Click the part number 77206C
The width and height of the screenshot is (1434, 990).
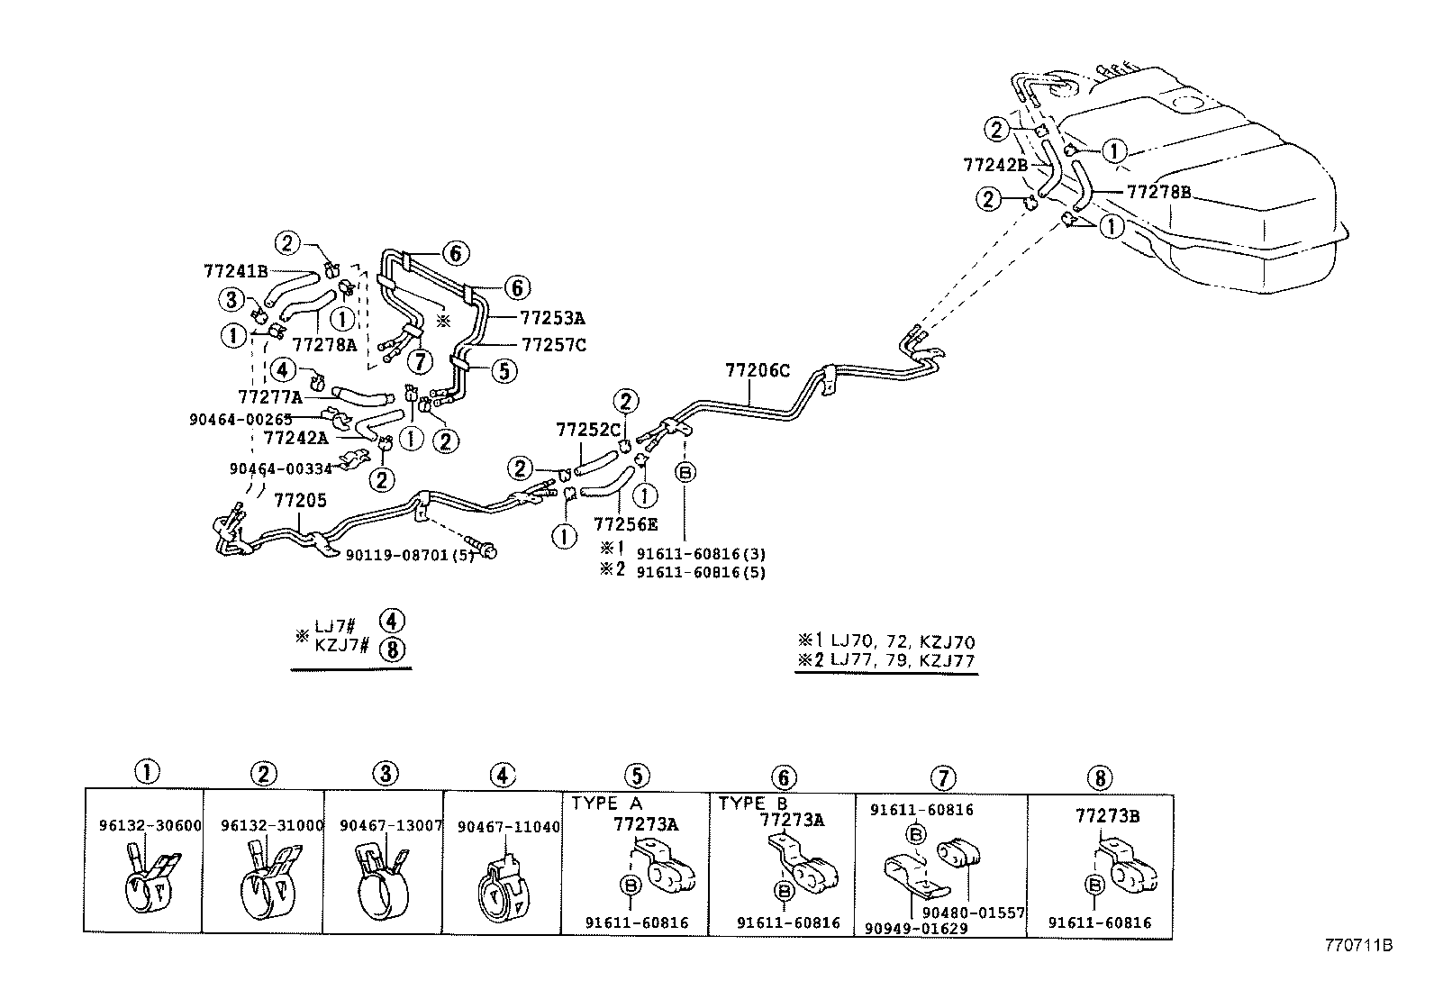(x=758, y=369)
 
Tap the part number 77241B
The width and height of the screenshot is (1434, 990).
(x=235, y=270)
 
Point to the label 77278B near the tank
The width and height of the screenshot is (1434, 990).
(x=1158, y=192)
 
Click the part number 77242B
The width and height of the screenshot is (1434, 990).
(x=995, y=165)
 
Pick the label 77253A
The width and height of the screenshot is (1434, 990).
(x=553, y=318)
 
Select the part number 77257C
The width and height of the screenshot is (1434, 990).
(x=553, y=344)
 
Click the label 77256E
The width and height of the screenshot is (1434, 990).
(x=625, y=523)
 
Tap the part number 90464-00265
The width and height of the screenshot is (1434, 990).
(x=241, y=419)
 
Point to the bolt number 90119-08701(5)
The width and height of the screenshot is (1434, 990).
(x=410, y=555)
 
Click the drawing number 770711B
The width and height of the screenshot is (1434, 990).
(x=1358, y=946)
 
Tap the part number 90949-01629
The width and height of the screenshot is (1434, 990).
(x=915, y=928)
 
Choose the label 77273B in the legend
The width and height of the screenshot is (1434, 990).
(x=1108, y=816)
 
